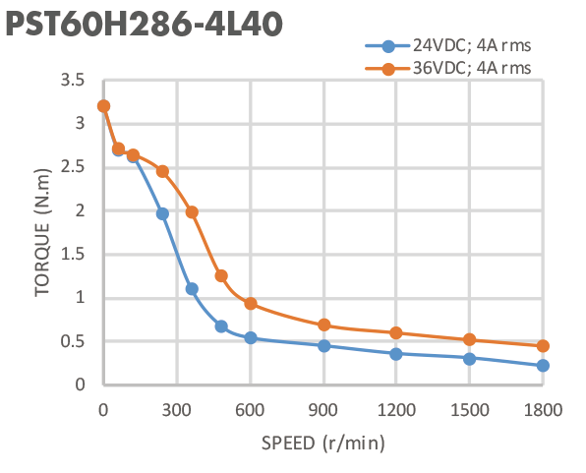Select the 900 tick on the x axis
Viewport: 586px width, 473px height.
[323, 408]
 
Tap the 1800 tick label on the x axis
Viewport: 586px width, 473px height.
[543, 408]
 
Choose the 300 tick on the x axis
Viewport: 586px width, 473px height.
[177, 408]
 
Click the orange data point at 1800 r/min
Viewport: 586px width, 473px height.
[543, 346]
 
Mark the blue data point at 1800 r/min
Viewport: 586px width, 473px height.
[543, 366]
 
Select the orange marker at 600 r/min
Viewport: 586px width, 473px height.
[251, 304]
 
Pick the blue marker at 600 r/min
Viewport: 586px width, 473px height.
[251, 338]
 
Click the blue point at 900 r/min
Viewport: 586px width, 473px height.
[323, 346]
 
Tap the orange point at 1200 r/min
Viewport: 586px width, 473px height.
[396, 333]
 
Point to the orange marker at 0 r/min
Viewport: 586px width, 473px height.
[103, 106]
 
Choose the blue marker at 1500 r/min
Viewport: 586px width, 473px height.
[470, 359]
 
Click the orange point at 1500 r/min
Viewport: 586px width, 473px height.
[470, 340]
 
